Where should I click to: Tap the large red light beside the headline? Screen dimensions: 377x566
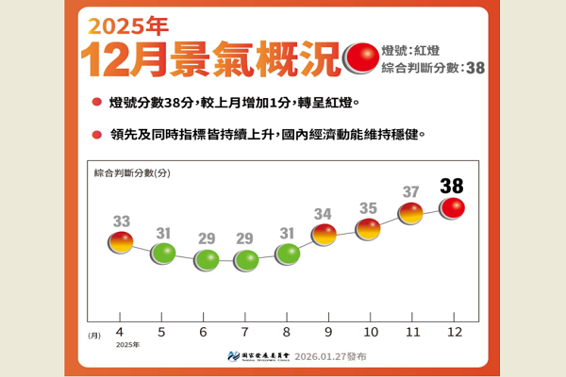point(362,58)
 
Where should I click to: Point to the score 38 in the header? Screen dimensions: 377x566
point(474,68)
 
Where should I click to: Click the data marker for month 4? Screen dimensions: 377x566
point(121,243)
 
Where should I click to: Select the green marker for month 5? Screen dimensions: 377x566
point(163,253)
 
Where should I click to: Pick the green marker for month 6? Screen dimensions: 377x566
point(206,260)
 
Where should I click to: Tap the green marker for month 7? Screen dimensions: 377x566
point(247,260)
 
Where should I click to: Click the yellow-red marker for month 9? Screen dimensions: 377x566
point(325,235)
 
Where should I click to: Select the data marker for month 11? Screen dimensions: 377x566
point(411,214)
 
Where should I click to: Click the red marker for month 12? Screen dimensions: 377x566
point(453,207)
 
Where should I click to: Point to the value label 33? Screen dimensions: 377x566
point(122,221)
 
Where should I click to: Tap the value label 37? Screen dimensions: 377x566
point(411,192)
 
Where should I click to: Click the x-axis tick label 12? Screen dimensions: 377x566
point(453,332)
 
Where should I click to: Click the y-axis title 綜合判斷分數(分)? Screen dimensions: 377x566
point(132,174)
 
